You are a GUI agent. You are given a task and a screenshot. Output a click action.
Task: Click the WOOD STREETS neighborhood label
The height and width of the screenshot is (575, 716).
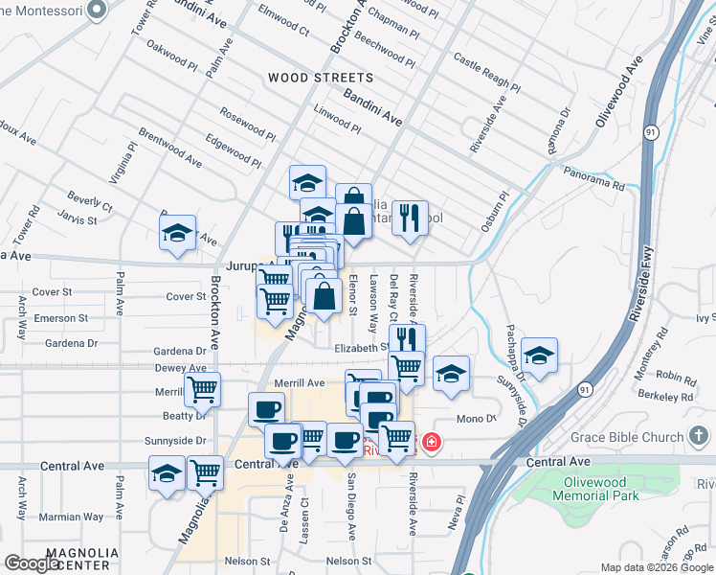321,78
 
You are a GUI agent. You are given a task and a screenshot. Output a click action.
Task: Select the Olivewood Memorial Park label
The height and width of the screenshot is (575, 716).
595,489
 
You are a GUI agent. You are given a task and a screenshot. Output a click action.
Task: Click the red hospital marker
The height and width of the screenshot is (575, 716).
432,443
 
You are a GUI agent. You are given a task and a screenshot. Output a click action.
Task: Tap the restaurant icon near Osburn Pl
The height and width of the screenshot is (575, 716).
409,218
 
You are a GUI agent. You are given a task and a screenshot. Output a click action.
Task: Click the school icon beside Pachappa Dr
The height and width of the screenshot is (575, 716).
540,357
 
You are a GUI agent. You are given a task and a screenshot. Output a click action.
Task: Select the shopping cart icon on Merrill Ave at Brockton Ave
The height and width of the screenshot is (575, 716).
202,390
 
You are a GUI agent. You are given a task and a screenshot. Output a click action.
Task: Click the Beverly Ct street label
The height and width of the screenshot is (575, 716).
89,202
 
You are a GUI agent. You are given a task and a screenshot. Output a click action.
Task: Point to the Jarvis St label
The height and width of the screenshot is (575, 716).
78,220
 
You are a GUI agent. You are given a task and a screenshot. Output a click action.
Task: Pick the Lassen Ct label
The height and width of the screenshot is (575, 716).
304,515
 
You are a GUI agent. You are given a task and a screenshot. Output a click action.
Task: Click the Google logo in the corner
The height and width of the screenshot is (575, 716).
32,563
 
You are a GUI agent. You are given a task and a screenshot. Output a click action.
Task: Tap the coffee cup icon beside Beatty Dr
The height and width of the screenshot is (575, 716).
265,409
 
